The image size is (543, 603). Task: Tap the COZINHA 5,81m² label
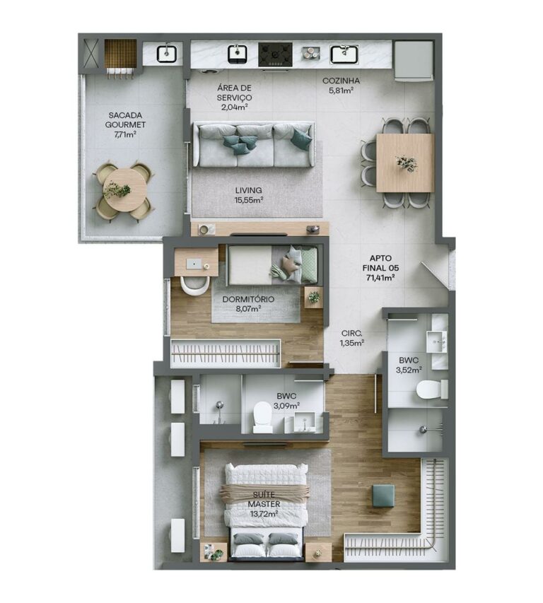coord(341,86)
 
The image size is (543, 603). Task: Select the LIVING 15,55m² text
coord(249,195)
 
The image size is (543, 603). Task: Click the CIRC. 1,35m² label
coord(352,338)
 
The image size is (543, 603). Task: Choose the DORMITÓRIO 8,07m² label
coord(248,303)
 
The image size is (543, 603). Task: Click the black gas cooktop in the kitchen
coord(275,54)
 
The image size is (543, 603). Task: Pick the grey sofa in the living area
coord(254,145)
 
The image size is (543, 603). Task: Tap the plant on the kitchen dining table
coord(407,163)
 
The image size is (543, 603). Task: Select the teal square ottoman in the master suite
coord(383,496)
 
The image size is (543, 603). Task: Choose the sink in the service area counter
coord(166,54)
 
